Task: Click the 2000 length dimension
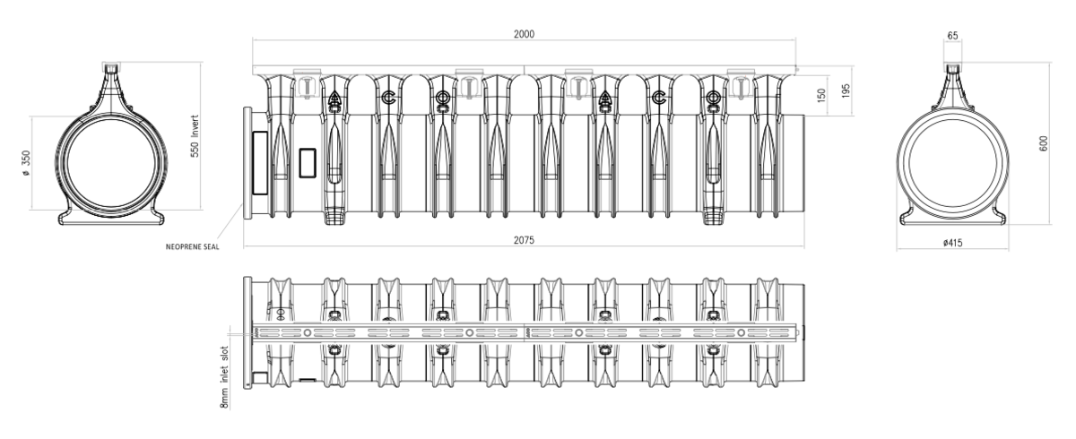point(524,34)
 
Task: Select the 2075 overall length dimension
point(524,240)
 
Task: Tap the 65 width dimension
point(952,36)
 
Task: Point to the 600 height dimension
point(1044,143)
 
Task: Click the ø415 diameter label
point(952,243)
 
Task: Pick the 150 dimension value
point(821,95)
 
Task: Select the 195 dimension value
point(846,91)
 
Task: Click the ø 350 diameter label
point(26,163)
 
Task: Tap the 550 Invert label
point(195,136)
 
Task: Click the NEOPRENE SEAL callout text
point(192,247)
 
